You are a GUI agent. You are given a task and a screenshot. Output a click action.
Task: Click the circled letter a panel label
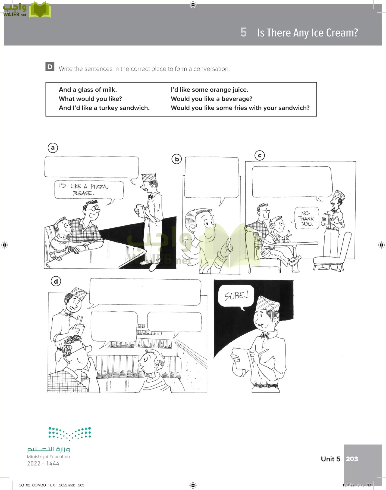tap(53, 148)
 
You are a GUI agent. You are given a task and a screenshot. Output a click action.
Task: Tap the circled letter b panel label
tap(177, 159)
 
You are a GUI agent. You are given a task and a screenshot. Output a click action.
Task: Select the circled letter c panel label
tap(260, 155)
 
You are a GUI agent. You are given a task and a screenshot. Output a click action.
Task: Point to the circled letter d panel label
tap(56, 281)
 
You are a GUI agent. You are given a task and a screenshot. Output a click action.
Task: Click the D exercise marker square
tap(50, 67)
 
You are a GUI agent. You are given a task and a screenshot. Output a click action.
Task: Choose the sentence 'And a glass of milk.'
tap(88, 90)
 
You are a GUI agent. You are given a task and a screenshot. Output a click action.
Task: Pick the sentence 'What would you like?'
tap(90, 99)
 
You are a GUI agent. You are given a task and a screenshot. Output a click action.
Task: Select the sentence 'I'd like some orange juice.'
tap(209, 90)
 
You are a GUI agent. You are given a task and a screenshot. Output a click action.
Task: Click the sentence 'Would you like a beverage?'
tap(211, 99)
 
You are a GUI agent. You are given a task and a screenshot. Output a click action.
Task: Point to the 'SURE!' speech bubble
tap(236, 296)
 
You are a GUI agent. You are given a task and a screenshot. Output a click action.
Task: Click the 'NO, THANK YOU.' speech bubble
tap(306, 218)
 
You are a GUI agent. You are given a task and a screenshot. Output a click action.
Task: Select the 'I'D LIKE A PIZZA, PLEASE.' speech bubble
tap(89, 190)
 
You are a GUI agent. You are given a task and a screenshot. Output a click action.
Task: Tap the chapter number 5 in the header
tap(243, 32)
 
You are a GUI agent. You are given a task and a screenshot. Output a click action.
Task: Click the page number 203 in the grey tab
tap(352, 459)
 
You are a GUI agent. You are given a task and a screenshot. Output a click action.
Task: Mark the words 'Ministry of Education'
tap(48, 457)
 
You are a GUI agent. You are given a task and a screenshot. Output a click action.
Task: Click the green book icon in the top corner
tap(40, 10)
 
